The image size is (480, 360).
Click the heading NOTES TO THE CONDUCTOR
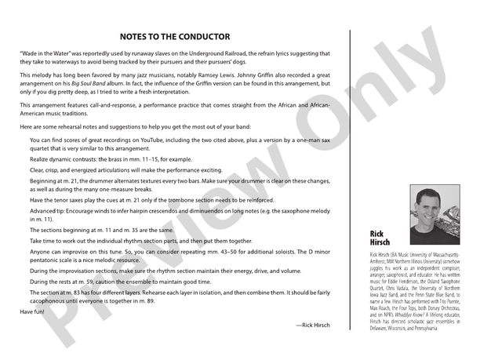(x=175, y=37)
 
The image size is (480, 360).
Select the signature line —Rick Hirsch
(x=314, y=325)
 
